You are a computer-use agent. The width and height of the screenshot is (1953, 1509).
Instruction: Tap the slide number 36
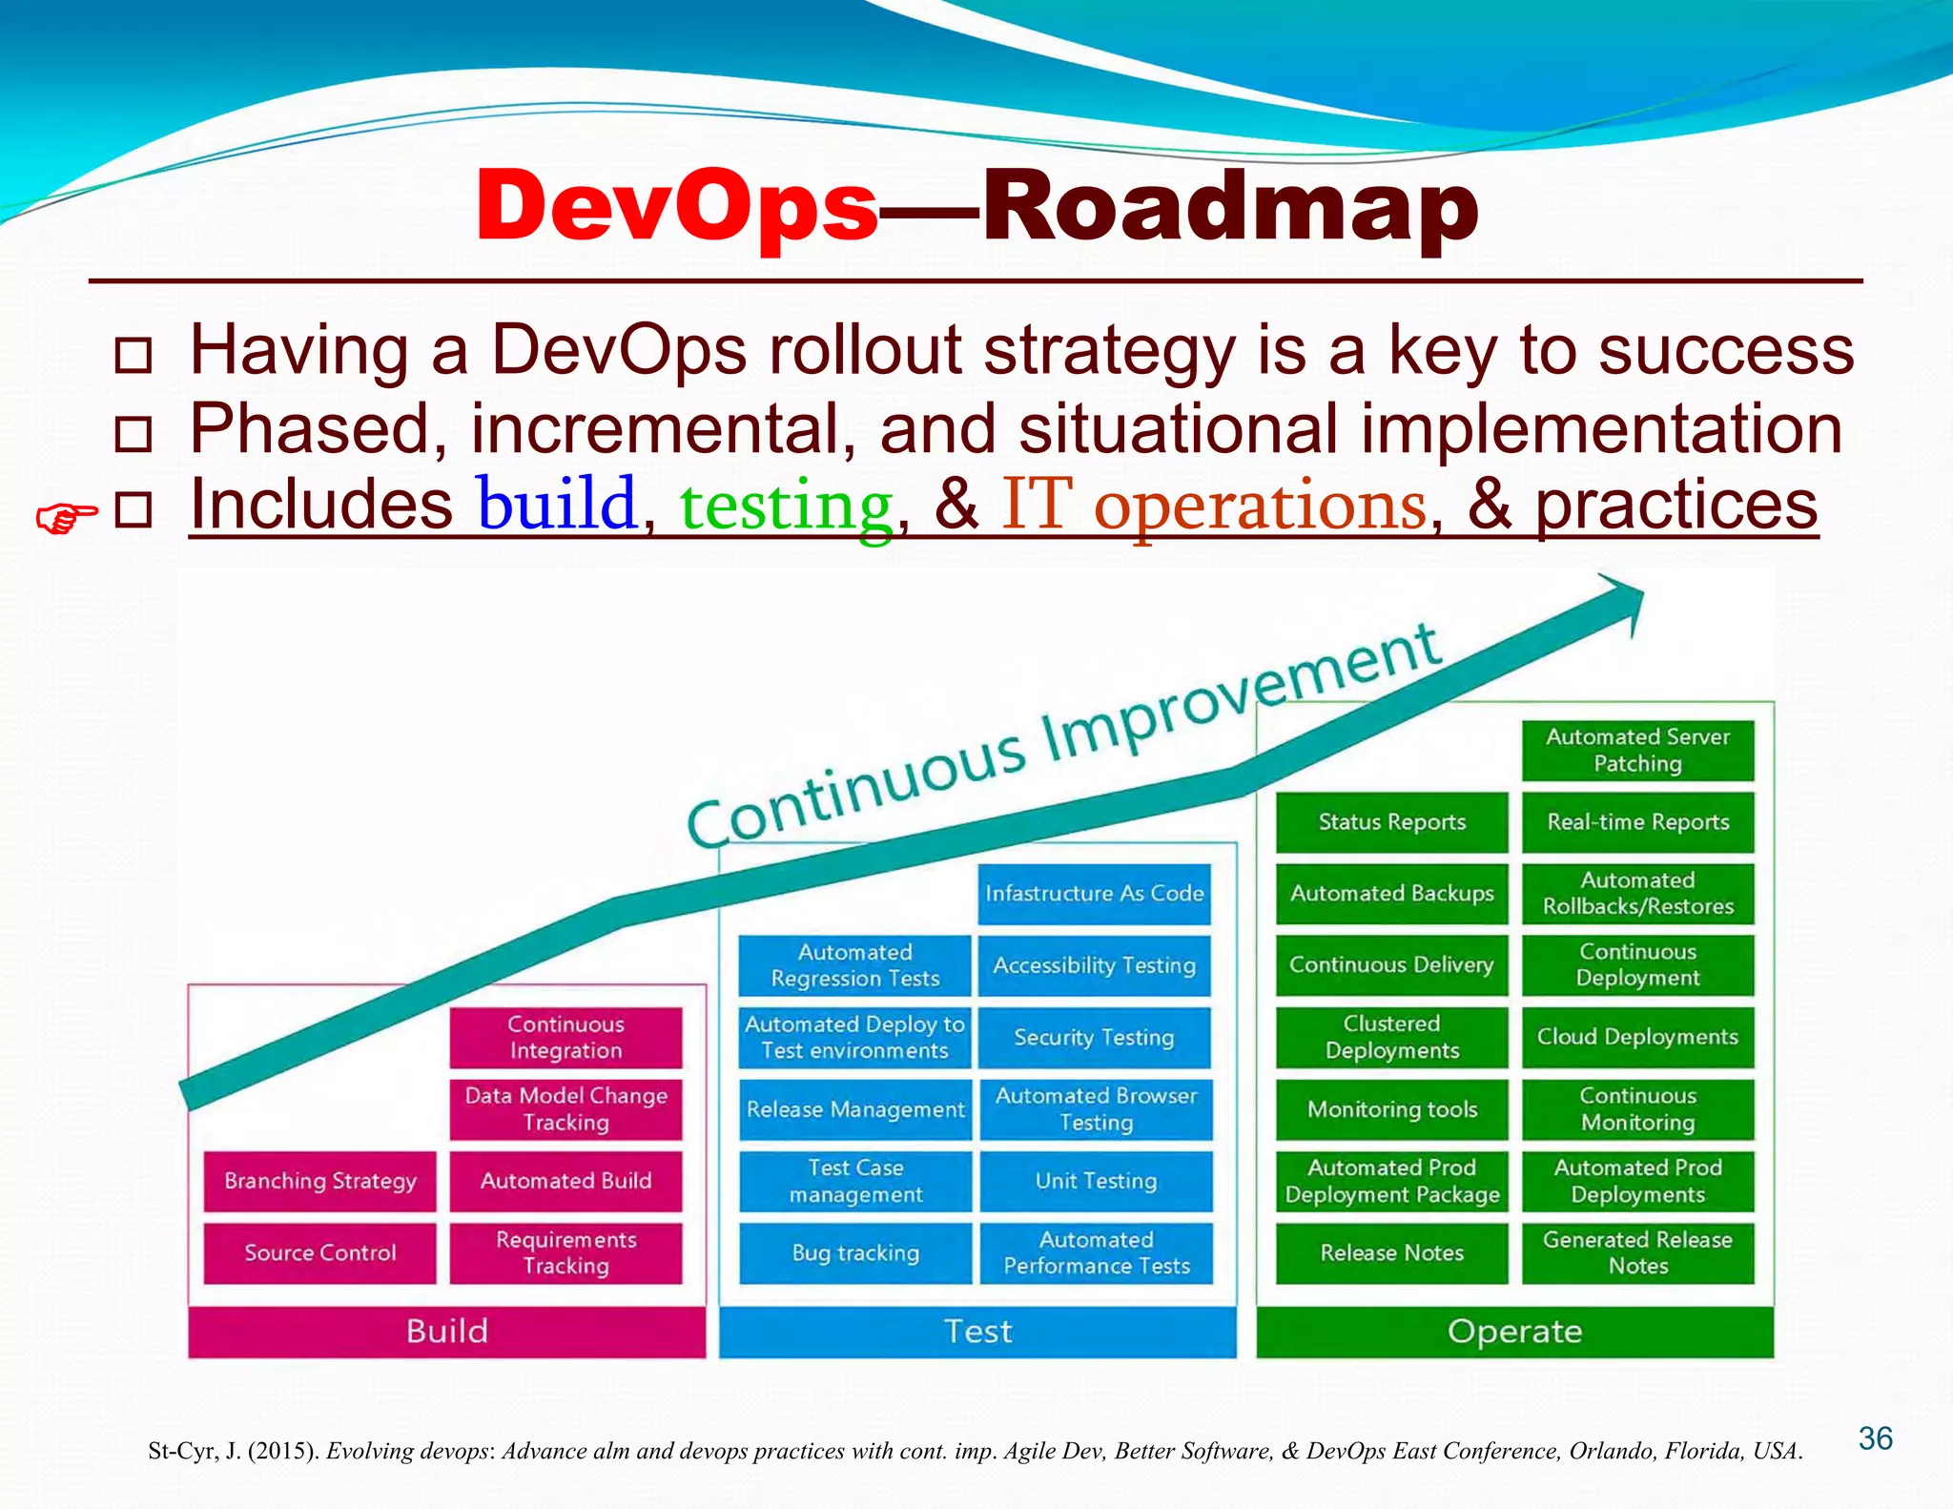coord(1875,1438)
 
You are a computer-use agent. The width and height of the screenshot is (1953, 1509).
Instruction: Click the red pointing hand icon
coord(66,518)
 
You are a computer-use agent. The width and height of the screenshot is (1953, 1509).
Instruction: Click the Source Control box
coord(319,1252)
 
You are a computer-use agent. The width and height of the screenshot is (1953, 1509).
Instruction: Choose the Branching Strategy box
coord(319,1181)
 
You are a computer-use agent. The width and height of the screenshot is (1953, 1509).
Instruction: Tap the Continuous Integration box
coord(565,1037)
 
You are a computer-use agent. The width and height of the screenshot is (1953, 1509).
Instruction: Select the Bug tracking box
coord(855,1252)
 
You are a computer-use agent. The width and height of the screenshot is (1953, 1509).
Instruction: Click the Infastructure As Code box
coord(1094,894)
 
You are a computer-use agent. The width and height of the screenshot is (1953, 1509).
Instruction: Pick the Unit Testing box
coord(1096,1181)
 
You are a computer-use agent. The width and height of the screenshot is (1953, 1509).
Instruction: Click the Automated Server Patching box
coord(1637,750)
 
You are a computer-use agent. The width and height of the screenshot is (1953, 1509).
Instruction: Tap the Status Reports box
coord(1391,822)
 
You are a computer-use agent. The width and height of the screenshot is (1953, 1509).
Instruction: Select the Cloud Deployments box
coord(1637,1037)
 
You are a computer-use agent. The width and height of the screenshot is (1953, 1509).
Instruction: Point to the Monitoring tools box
coord(1391,1109)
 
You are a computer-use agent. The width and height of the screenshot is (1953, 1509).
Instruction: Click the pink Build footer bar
coord(446,1331)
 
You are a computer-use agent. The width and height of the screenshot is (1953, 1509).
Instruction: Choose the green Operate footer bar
coord(1514,1331)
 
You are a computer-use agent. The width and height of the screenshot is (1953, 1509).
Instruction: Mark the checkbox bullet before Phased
coord(133,433)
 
